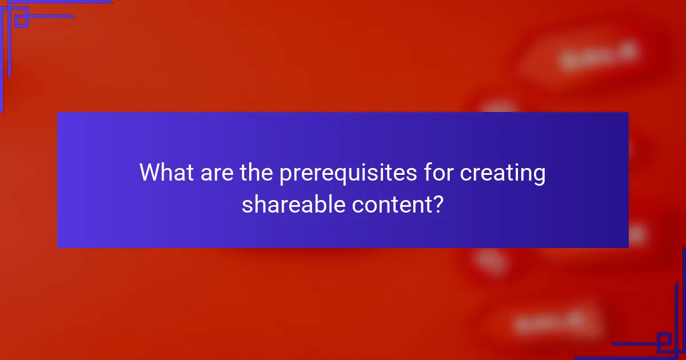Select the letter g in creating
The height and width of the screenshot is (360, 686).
click(x=538, y=176)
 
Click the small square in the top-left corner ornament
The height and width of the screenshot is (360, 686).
click(x=22, y=21)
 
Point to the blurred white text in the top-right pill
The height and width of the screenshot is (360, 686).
click(x=598, y=56)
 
